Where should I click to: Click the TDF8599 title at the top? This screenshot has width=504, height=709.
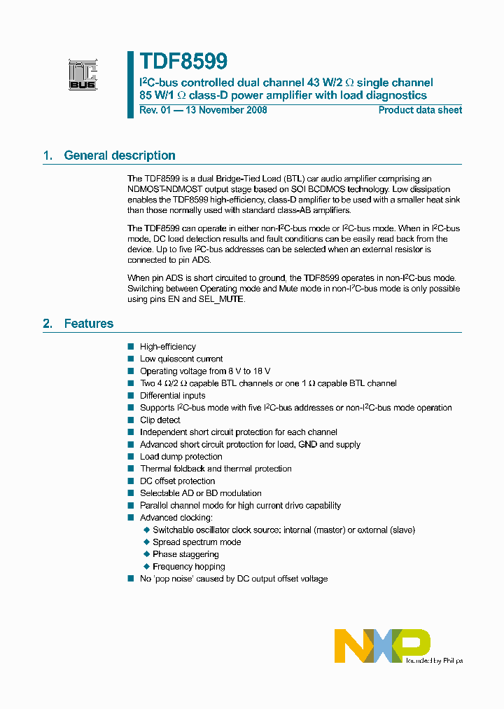pyautogui.click(x=183, y=62)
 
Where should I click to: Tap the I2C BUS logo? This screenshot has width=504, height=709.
pyautogui.click(x=83, y=75)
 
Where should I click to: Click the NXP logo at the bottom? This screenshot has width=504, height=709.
pyautogui.click(x=381, y=645)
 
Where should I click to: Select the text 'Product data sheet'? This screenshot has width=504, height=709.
pyautogui.click(x=420, y=110)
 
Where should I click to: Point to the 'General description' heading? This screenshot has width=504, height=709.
pyautogui.click(x=120, y=156)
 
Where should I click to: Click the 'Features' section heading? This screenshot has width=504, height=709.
pyautogui.click(x=89, y=324)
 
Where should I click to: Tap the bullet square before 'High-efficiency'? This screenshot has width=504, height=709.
pyautogui.click(x=130, y=347)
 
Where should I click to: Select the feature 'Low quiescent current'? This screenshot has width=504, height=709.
pyautogui.click(x=181, y=359)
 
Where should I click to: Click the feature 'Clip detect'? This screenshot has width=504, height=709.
pyautogui.click(x=160, y=420)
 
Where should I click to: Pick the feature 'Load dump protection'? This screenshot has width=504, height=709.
pyautogui.click(x=181, y=457)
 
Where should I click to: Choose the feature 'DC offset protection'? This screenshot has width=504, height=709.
pyautogui.click(x=178, y=481)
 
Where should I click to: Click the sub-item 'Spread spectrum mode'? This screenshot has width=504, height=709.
pyautogui.click(x=197, y=542)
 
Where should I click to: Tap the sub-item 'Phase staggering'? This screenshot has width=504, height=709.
pyautogui.click(x=185, y=554)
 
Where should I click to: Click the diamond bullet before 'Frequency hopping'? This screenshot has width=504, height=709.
pyautogui.click(x=146, y=567)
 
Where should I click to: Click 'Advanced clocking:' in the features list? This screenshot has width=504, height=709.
pyautogui.click(x=176, y=518)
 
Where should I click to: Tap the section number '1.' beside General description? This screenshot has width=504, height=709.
pyautogui.click(x=48, y=156)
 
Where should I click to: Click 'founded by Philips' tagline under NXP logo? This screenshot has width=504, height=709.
pyautogui.click(x=434, y=660)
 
